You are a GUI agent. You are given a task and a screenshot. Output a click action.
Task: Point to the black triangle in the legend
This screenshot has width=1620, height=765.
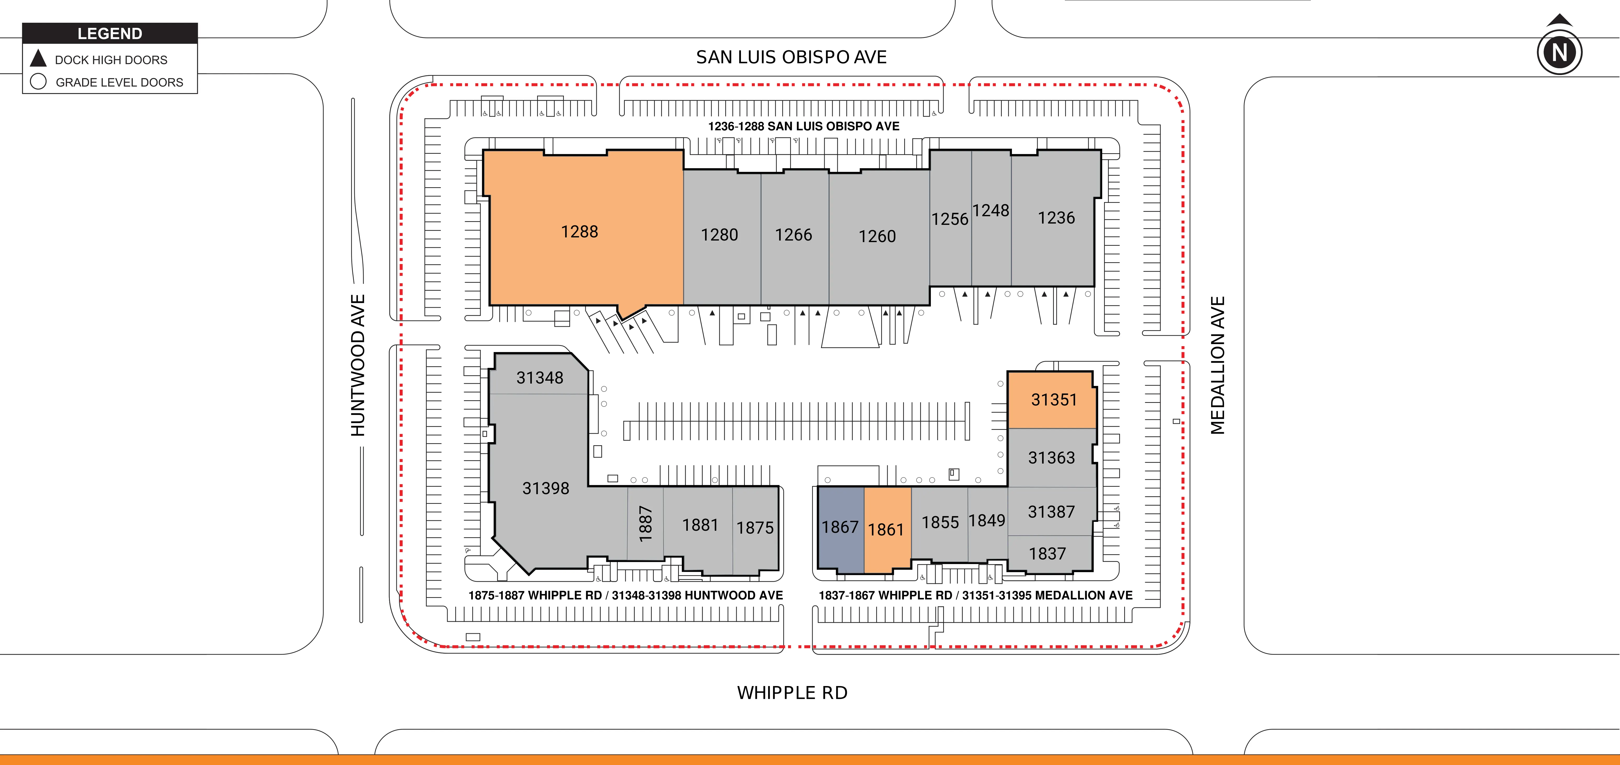click(38, 59)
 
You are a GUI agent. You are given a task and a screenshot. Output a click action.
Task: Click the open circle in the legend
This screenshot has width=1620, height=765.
click(38, 82)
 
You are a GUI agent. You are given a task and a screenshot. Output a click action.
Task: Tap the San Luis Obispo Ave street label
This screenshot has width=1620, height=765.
click(791, 57)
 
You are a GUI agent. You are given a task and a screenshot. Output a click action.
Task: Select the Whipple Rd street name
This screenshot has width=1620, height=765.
click(792, 693)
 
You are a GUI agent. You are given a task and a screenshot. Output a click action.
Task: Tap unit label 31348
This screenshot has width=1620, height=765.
click(539, 378)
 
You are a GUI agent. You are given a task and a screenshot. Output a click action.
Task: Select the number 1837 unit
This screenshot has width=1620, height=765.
click(1047, 554)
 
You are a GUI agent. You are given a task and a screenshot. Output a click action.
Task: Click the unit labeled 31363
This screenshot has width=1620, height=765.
click(1051, 458)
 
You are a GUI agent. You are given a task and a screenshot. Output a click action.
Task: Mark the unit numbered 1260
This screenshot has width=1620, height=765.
click(877, 236)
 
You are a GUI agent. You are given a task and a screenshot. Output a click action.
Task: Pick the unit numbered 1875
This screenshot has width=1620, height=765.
click(755, 528)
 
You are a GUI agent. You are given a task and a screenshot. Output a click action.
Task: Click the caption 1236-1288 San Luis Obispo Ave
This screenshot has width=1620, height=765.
click(804, 126)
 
